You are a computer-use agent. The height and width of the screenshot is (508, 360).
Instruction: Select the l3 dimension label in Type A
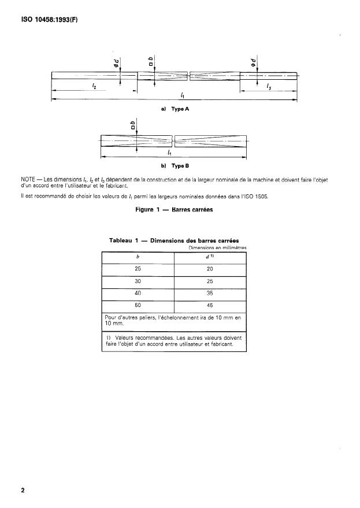pyautogui.click(x=269, y=86)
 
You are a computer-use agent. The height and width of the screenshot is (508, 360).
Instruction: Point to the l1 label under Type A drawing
pyautogui.click(x=182, y=95)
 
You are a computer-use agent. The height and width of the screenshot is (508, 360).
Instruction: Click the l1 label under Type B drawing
pyautogui.click(x=169, y=153)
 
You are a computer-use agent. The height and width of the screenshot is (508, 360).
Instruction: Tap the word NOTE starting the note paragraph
pyautogui.click(x=29, y=180)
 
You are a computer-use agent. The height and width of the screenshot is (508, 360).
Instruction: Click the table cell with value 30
pyautogui.click(x=138, y=281)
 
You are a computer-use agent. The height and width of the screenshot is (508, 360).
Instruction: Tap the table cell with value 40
pyautogui.click(x=138, y=294)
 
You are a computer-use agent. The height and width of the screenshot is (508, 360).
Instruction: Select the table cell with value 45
pyautogui.click(x=210, y=306)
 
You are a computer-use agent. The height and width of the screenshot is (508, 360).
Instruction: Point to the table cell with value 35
pyautogui.click(x=210, y=294)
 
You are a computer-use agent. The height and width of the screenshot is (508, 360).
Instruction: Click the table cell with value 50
pyautogui.click(x=138, y=306)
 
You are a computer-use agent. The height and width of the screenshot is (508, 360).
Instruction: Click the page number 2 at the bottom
pyautogui.click(x=23, y=491)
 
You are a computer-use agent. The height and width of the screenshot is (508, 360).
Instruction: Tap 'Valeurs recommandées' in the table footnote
pyautogui.click(x=142, y=337)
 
